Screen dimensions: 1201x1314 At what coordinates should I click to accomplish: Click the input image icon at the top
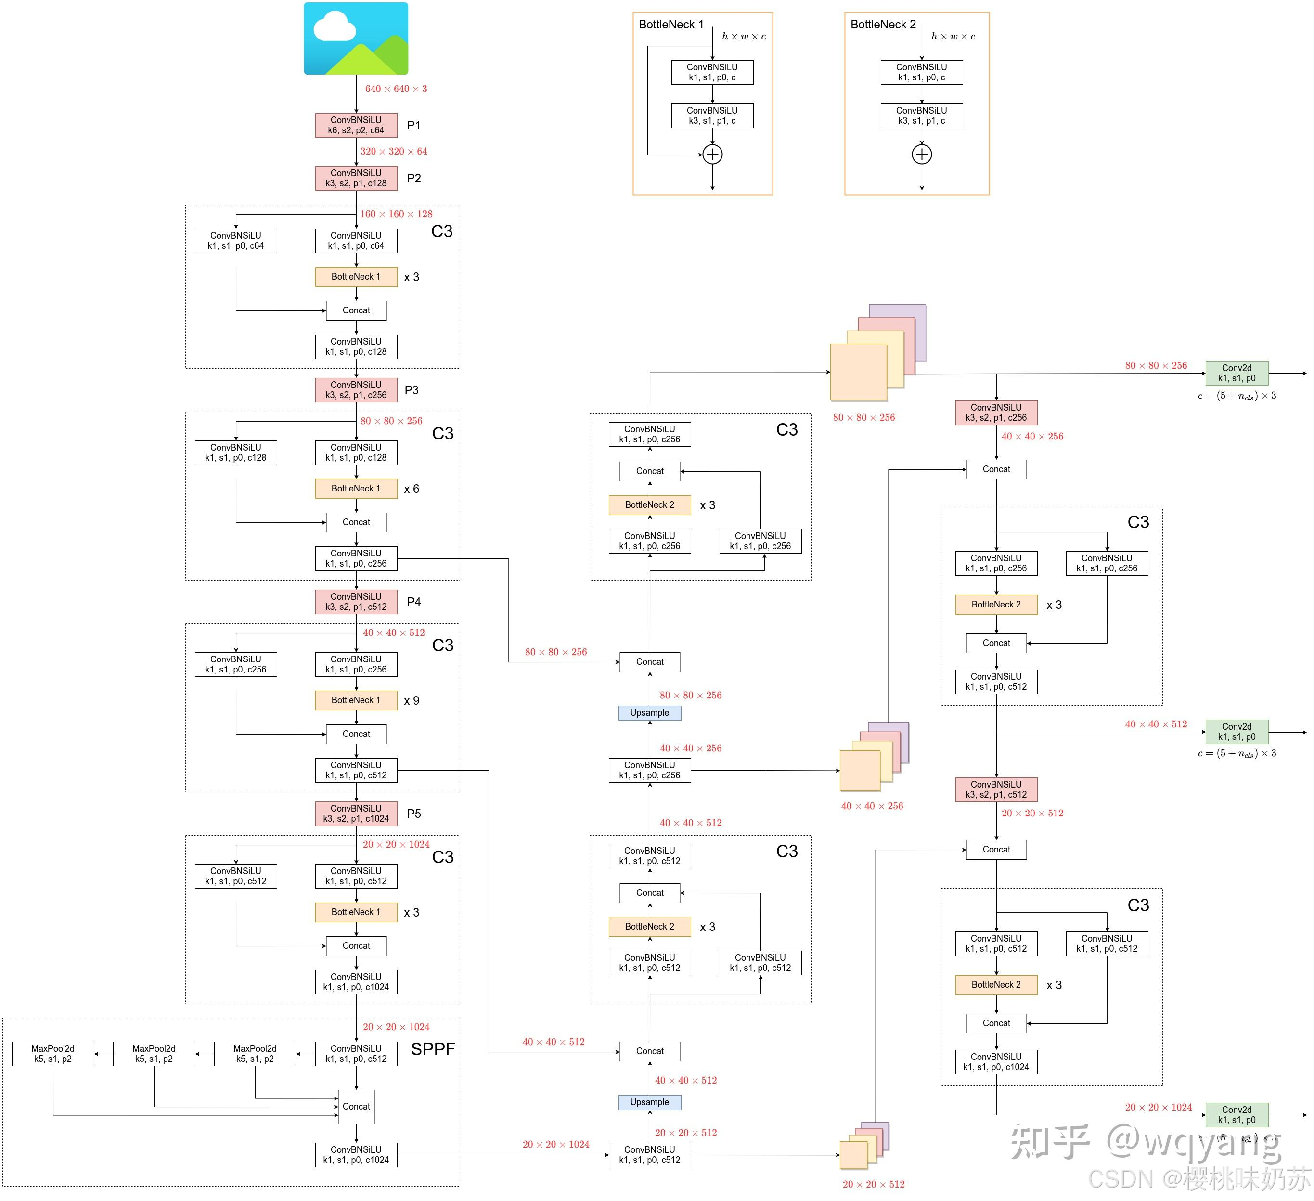356,39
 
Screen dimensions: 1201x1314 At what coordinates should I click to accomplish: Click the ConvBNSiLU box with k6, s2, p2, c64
356,125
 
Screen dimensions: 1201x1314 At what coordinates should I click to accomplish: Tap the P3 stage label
411,390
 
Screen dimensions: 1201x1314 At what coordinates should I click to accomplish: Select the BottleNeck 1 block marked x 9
356,700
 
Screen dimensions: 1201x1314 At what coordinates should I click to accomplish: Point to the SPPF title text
433,1049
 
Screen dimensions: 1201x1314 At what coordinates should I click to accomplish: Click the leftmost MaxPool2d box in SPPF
53,1054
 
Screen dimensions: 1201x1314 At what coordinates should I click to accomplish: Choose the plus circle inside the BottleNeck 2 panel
922,155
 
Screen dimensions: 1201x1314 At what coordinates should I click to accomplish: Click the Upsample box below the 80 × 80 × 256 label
649,712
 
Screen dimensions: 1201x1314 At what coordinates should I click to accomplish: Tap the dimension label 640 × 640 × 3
396,89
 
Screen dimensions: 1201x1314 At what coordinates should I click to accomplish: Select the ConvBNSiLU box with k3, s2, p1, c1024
356,813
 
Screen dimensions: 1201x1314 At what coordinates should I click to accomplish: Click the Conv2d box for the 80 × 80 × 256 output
1237,373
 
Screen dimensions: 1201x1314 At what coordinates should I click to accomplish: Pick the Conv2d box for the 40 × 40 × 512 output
1237,732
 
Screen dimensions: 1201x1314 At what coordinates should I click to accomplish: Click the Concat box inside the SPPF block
356,1107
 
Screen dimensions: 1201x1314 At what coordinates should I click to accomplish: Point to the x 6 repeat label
411,489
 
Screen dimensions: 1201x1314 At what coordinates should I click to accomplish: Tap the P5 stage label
414,814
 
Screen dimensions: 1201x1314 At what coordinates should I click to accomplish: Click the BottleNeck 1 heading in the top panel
670,25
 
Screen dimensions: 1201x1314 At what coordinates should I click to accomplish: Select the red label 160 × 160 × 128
396,214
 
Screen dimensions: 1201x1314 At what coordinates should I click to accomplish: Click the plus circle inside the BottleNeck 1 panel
712,155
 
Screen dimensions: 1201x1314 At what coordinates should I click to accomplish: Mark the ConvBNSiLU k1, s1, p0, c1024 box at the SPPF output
356,1155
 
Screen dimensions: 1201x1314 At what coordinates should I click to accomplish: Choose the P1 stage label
414,125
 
